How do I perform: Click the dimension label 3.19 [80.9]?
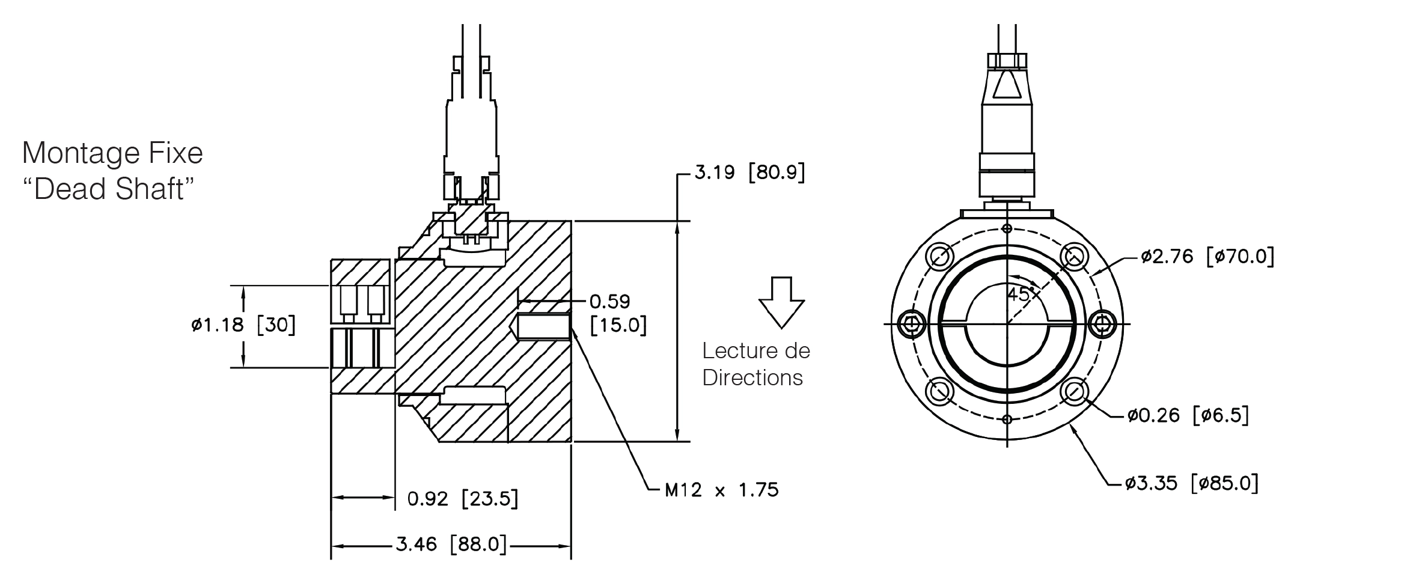749,173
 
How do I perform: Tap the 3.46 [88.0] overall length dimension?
451,545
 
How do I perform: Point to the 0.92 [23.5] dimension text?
463,498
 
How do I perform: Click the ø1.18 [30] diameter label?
243,325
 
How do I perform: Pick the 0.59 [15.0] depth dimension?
618,313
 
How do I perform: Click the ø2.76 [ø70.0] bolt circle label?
1207,257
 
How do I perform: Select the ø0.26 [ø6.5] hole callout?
1188,415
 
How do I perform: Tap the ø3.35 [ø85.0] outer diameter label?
1192,483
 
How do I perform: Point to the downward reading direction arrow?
781,302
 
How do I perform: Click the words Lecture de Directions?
756,364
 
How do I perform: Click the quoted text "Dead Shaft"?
108,189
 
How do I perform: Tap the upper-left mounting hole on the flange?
940,256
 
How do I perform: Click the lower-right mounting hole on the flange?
1075,392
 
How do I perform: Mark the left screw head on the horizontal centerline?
912,324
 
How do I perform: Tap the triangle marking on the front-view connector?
1007,85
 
